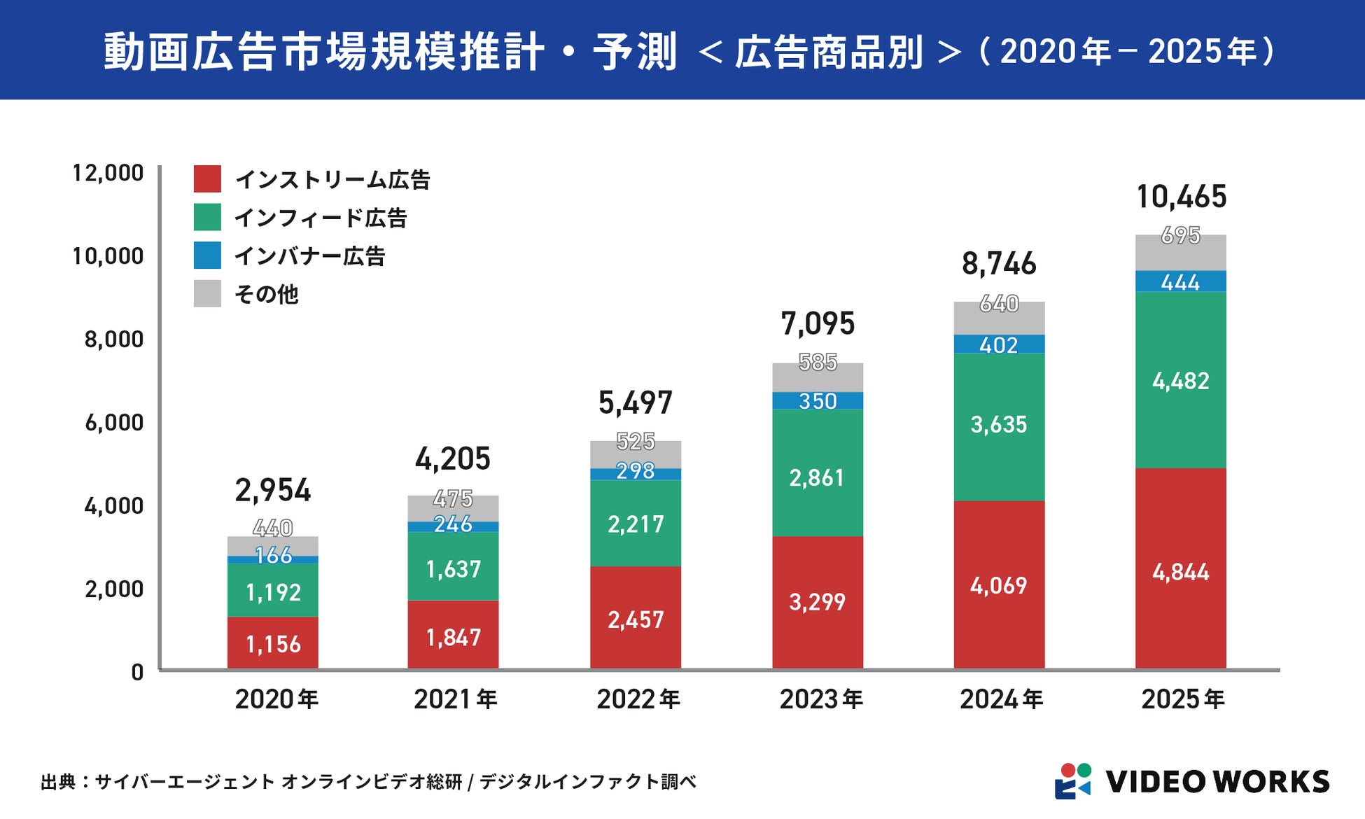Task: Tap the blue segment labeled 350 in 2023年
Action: click(818, 401)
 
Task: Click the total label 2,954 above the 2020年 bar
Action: click(273, 490)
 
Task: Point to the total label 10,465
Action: click(1181, 197)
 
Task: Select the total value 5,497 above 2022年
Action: click(635, 402)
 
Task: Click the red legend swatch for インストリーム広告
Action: click(207, 179)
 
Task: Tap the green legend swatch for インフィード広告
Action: click(207, 217)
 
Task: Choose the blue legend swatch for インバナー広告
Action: click(207, 255)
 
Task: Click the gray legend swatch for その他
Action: click(207, 293)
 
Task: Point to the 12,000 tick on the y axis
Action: click(108, 173)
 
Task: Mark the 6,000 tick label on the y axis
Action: click(113, 423)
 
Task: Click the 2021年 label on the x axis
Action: click(455, 699)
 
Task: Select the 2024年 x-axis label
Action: click(1001, 699)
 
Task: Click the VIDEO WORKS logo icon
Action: click(1073, 780)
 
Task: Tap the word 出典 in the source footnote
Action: click(57, 782)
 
